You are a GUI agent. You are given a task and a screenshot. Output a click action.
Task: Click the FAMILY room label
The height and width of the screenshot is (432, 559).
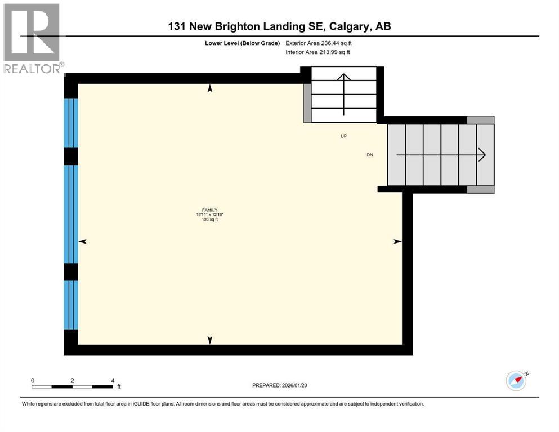pyautogui.click(x=211, y=210)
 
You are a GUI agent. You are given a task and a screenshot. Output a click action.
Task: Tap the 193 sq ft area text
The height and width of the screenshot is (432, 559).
pyautogui.click(x=211, y=219)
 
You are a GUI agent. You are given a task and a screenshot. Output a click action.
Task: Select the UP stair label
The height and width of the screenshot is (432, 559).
pyautogui.click(x=343, y=136)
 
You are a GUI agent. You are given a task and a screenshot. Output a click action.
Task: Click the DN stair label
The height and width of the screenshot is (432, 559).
pyautogui.click(x=369, y=155)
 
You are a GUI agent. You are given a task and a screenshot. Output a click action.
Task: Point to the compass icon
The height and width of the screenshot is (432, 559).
pyautogui.click(x=516, y=381)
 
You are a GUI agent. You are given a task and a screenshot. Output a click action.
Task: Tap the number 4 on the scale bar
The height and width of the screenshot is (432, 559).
pyautogui.click(x=113, y=380)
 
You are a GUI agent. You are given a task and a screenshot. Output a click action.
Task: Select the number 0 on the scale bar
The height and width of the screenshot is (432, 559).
pyautogui.click(x=33, y=380)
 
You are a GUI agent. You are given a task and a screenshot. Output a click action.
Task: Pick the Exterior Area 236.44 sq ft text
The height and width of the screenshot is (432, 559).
pyautogui.click(x=319, y=43)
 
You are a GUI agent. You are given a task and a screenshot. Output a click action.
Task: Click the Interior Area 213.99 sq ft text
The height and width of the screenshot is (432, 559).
pyautogui.click(x=318, y=52)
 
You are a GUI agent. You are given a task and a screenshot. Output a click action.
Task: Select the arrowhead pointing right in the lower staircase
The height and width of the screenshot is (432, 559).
pyautogui.click(x=481, y=155)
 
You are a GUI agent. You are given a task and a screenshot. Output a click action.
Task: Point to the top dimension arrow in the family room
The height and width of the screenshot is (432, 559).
pyautogui.click(x=211, y=88)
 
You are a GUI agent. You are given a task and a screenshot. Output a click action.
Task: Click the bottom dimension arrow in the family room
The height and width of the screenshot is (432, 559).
pyautogui.click(x=211, y=340)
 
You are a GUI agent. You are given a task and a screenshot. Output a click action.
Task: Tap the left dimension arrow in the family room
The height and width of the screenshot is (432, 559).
pyautogui.click(x=83, y=241)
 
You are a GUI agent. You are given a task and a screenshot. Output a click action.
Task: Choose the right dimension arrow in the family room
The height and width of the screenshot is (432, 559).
pyautogui.click(x=397, y=241)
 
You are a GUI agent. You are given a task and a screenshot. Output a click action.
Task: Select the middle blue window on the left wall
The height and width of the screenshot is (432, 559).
pyautogui.click(x=70, y=214)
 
